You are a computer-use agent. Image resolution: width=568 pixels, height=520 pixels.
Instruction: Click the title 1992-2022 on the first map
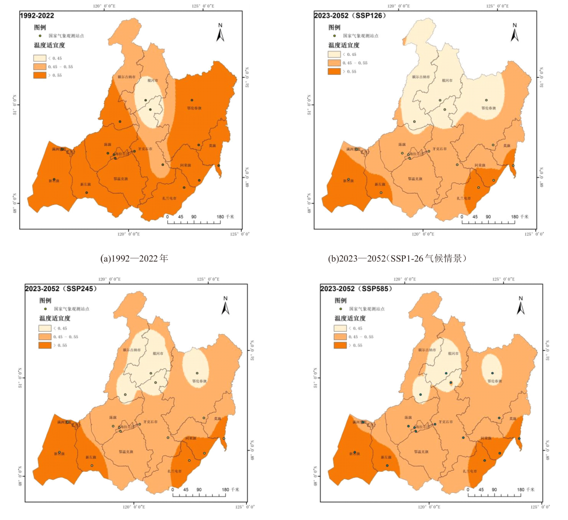click(x=37, y=16)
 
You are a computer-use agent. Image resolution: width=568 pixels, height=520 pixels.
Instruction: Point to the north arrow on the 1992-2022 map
click(x=220, y=33)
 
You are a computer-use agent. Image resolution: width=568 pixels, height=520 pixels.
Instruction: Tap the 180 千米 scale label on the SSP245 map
click(x=230, y=490)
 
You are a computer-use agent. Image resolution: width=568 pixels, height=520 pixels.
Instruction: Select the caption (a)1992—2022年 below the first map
click(x=134, y=258)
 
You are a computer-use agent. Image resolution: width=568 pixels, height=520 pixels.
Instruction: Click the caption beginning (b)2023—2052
click(x=397, y=258)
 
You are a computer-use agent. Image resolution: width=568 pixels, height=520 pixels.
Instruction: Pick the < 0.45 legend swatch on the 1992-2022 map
click(x=39, y=58)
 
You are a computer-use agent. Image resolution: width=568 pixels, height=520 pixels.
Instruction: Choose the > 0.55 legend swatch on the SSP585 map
click(x=340, y=345)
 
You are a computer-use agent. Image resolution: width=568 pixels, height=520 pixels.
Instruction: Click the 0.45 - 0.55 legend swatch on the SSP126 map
click(x=334, y=63)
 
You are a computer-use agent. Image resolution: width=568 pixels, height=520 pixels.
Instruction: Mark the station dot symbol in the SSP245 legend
click(x=45, y=309)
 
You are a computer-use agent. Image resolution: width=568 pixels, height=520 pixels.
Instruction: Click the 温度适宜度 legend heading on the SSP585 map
click(x=350, y=318)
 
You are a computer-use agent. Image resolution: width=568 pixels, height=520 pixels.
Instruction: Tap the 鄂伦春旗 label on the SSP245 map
click(x=199, y=381)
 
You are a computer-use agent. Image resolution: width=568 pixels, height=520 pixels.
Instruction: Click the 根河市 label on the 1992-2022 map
click(x=153, y=80)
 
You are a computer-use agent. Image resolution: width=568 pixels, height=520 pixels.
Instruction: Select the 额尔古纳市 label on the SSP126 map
click(x=420, y=77)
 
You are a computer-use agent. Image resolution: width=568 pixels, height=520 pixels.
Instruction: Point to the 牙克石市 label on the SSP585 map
click(x=445, y=422)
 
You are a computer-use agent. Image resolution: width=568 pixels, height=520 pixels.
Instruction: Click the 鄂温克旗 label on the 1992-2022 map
click(x=120, y=179)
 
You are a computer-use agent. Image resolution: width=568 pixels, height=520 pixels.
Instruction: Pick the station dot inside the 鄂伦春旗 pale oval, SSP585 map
click(x=492, y=373)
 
